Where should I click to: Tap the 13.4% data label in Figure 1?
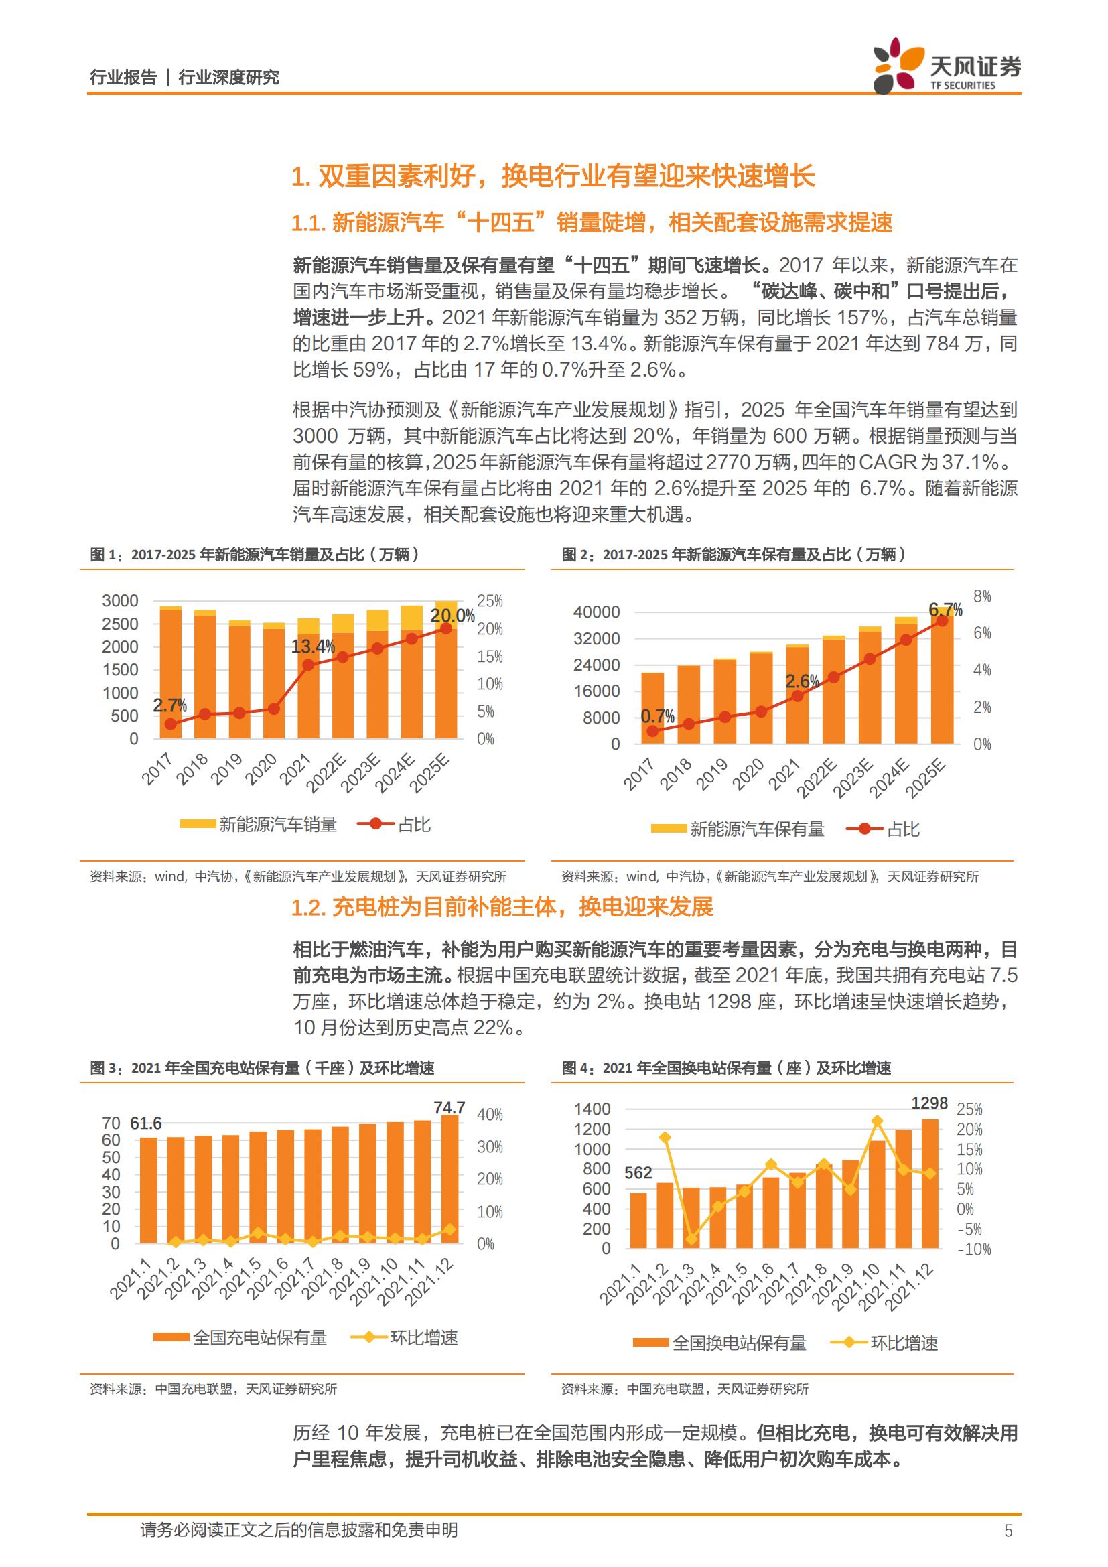(x=313, y=646)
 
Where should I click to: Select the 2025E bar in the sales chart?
(x=446, y=669)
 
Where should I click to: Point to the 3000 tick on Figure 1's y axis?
(x=120, y=600)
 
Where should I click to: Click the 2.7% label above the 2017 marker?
(x=170, y=705)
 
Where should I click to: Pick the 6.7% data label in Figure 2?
(x=946, y=609)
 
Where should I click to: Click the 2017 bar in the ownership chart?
(x=653, y=707)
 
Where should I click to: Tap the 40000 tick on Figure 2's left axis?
(x=597, y=612)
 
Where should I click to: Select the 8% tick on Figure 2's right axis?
(x=982, y=596)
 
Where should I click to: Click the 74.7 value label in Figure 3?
(x=449, y=1107)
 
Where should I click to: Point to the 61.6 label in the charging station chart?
(x=146, y=1123)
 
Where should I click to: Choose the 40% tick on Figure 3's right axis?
(x=490, y=1115)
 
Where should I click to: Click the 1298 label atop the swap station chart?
(x=930, y=1103)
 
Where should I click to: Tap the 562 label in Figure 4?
(x=638, y=1173)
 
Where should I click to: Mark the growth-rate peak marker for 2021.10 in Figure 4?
(x=878, y=1121)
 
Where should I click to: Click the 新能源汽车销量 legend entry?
(x=259, y=825)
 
